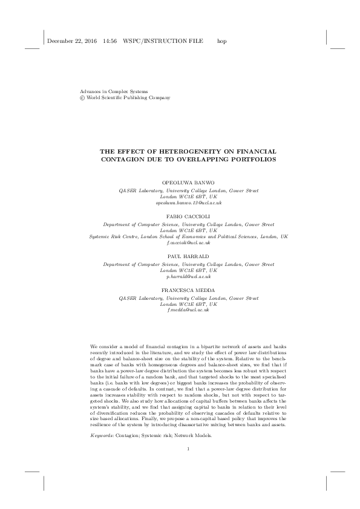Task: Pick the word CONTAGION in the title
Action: [x=137, y=160]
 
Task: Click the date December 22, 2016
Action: [x=71, y=42]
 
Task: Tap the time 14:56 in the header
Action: [x=110, y=42]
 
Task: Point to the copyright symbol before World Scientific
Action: [x=74, y=98]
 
